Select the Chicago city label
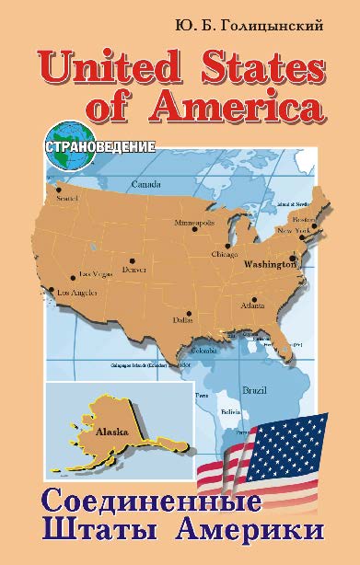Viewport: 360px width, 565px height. pyautogui.click(x=225, y=253)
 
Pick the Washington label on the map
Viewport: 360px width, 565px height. pyautogui.click(x=269, y=264)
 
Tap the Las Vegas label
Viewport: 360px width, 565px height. pyautogui.click(x=96, y=273)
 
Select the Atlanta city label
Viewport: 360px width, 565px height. pyautogui.click(x=253, y=305)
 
